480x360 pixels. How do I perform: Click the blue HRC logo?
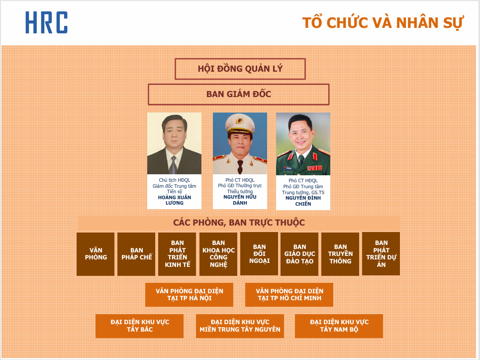pos(46,22)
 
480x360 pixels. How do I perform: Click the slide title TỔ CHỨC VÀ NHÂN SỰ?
pos(383,23)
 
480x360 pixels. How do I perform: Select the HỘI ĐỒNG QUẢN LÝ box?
pos(240,69)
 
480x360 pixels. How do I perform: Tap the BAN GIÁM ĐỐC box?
pos(238,95)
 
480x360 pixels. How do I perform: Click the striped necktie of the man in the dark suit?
pos(173,165)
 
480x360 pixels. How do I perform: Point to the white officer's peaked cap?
pos(240,123)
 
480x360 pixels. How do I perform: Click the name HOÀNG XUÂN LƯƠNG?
pos(175,200)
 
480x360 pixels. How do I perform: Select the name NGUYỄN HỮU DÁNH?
pos(240,200)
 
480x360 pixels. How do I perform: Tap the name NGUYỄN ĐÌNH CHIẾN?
pos(303,201)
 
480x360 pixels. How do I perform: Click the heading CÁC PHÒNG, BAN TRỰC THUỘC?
pos(239,223)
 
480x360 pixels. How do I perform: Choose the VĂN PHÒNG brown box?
pos(96,254)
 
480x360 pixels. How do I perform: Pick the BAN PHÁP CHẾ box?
pos(136,254)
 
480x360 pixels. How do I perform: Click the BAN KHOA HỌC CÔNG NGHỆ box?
pos(218,254)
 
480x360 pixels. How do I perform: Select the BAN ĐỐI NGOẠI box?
pos(259,253)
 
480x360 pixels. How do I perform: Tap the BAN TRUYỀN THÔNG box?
pos(340,254)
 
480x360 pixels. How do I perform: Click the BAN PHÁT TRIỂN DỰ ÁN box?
pos(381,253)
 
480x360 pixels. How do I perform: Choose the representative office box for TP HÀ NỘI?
pos(189,295)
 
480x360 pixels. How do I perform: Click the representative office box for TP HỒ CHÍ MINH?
pos(289,295)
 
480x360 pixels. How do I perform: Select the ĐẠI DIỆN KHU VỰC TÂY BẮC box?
pos(140,326)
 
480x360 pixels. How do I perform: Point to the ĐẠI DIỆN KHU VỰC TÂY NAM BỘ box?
pos(339,326)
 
